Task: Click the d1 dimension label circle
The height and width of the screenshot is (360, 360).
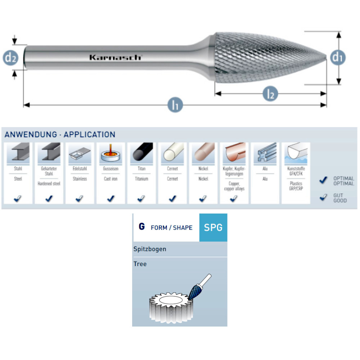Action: tap(338, 57)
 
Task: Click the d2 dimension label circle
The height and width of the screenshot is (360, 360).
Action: tap(11, 58)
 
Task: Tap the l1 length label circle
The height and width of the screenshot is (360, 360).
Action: tap(175, 105)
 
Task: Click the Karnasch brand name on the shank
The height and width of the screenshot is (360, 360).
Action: tap(116, 57)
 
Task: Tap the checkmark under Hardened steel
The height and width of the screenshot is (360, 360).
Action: tap(49, 198)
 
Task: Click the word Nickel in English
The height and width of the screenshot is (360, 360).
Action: tap(203, 179)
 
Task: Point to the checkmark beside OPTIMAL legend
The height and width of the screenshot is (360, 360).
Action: tap(323, 180)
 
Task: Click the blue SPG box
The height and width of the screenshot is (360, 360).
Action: tap(213, 228)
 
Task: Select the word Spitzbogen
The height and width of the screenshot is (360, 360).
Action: tap(150, 249)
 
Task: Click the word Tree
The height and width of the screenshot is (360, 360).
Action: tap(140, 264)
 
